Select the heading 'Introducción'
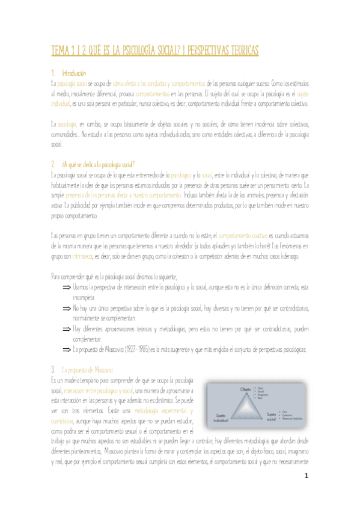75,73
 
